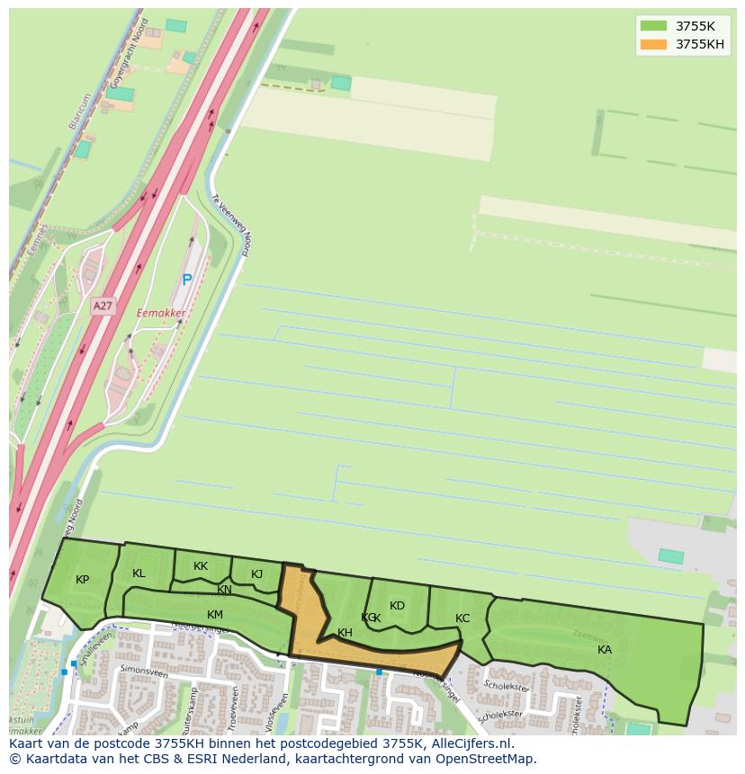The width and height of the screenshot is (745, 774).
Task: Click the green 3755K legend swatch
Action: (653, 26)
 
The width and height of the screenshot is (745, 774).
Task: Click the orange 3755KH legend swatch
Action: (653, 44)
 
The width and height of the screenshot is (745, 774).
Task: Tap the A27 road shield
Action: (103, 306)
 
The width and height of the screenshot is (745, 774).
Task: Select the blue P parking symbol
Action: (187, 280)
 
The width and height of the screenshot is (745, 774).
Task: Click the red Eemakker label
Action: (161, 313)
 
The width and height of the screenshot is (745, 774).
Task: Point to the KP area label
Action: (83, 579)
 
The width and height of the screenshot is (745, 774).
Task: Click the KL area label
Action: (139, 574)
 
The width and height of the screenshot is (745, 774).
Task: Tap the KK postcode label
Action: (201, 566)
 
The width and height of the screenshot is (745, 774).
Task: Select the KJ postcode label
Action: (256, 574)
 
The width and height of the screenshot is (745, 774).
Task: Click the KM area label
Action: (214, 615)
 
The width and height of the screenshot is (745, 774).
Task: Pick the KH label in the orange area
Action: (345, 633)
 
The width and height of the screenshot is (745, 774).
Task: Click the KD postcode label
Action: (397, 605)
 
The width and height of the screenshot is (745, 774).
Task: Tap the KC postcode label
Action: (462, 618)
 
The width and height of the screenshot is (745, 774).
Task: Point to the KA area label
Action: (605, 649)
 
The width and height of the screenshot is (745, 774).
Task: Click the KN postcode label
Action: (224, 591)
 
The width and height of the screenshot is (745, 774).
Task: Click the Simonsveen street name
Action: (144, 671)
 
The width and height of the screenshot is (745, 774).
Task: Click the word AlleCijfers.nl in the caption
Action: (468, 743)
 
